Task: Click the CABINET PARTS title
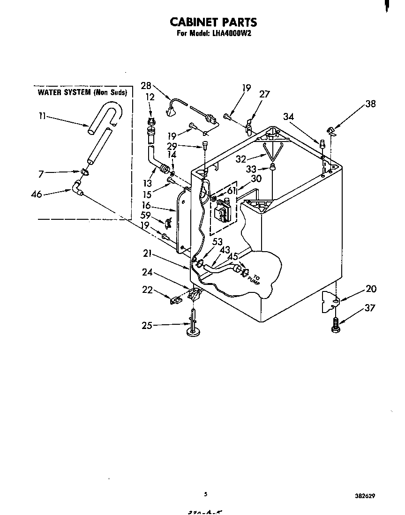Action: point(213,22)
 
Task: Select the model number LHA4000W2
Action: point(230,34)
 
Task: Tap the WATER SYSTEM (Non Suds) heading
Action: point(82,92)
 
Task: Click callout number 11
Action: point(42,116)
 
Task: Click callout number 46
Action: point(37,194)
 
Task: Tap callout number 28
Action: point(146,85)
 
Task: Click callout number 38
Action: point(370,104)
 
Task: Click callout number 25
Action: point(147,325)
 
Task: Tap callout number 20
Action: point(370,289)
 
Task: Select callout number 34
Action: point(288,117)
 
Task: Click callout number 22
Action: point(147,290)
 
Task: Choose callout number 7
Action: point(41,174)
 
